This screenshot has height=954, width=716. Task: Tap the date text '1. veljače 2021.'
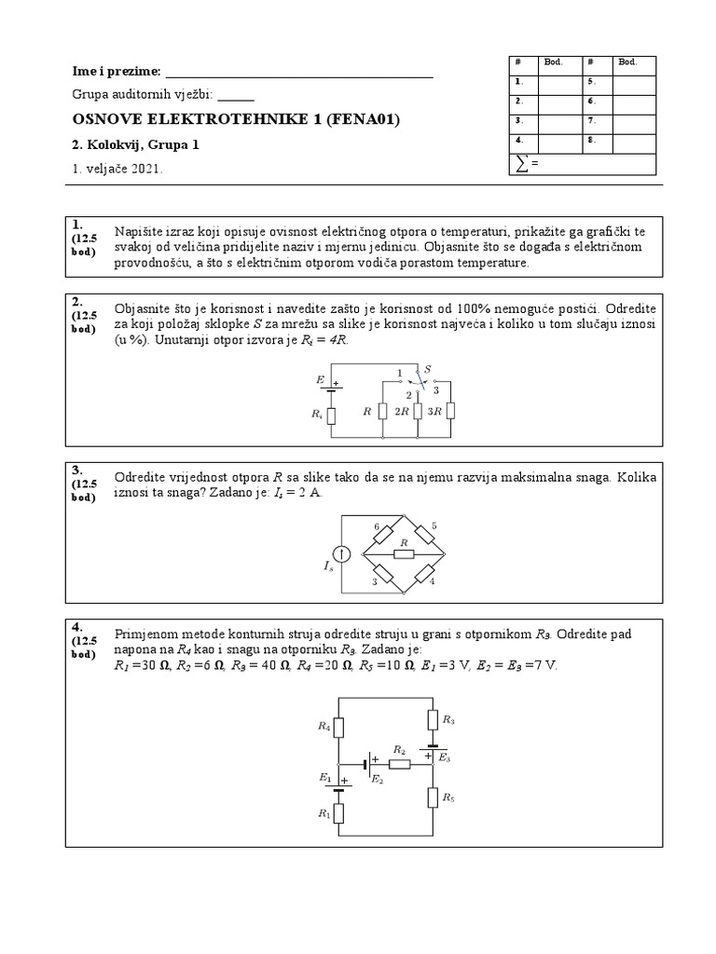117,169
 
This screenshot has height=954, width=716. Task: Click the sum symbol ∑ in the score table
521,165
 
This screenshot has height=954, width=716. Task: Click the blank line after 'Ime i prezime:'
298,73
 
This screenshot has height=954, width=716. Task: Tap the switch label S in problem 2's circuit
427,370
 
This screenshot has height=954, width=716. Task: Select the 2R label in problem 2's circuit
401,412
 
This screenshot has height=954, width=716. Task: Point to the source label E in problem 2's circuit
321,380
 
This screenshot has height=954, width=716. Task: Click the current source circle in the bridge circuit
342,555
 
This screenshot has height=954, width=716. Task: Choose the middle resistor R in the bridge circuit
404,553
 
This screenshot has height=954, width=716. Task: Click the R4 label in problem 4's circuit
324,725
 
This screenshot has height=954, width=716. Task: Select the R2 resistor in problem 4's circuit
399,763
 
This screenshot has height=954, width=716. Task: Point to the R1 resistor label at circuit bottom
324,813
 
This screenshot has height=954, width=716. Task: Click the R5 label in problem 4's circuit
448,797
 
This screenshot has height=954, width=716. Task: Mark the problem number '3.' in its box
77,469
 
